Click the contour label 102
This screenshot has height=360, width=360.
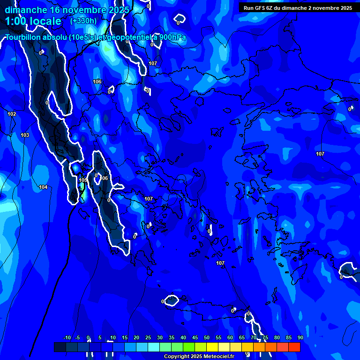click(12, 114)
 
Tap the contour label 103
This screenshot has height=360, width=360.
click(25, 135)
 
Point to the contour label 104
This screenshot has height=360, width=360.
click(43, 187)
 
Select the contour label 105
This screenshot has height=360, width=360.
click(83, 180)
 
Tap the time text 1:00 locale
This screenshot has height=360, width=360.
click(33, 21)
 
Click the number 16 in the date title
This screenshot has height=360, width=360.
click(55, 9)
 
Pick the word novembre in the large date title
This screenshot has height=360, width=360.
click(84, 9)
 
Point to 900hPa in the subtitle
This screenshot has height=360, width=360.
click(172, 37)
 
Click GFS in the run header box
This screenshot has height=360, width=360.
click(262, 8)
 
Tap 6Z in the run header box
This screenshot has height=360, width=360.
click(273, 8)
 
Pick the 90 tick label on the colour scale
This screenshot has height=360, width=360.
click(300, 337)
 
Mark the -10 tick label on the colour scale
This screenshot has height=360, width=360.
click(67, 337)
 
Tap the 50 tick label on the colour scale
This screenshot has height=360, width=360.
click(207, 337)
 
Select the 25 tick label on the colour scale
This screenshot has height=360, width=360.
click(148, 337)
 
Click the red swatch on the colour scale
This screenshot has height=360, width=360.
click(294, 347)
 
